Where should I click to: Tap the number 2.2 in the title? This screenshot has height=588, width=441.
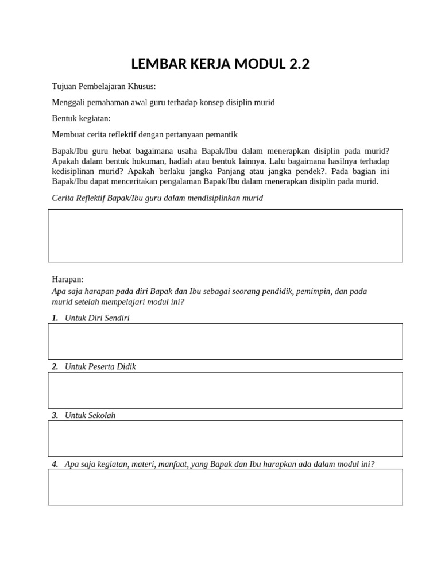[x=297, y=64]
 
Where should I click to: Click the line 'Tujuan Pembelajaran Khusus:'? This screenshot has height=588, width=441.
[x=103, y=86]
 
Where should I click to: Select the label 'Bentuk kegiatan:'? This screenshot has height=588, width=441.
[x=81, y=118]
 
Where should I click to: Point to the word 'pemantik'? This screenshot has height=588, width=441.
[x=221, y=134]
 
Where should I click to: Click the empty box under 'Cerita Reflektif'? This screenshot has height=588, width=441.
[x=225, y=235]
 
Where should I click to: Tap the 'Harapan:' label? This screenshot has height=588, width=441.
[x=68, y=279]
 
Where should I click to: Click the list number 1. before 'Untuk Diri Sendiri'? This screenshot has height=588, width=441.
[x=55, y=318]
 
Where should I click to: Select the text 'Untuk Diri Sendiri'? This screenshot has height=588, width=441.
[x=98, y=318]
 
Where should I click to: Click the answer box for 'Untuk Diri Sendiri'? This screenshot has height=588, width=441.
[x=225, y=341]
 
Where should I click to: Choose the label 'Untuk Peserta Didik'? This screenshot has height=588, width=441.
[x=100, y=366]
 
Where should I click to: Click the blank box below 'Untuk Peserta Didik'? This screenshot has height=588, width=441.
[x=225, y=390]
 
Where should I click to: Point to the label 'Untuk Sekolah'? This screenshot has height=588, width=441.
[x=90, y=415]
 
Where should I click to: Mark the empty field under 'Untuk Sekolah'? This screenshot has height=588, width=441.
[x=225, y=439]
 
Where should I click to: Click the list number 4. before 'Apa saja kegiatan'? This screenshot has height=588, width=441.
[x=55, y=463]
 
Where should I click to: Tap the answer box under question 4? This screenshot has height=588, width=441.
[x=225, y=487]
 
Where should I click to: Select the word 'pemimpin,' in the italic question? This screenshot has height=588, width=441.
[x=313, y=291]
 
